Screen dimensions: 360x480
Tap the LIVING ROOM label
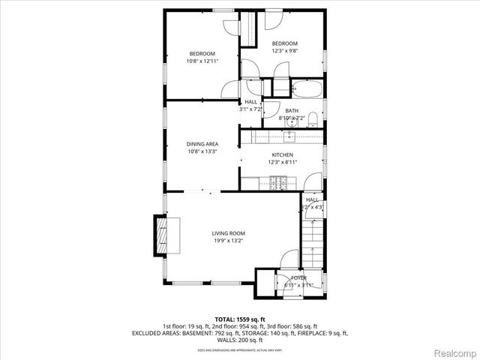(227, 233)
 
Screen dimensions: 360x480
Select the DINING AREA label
(202, 143)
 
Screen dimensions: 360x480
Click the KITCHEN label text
(282, 154)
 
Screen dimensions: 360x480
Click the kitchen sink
(289, 136)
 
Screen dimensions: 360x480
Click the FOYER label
(298, 277)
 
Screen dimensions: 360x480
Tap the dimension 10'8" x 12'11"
(202, 61)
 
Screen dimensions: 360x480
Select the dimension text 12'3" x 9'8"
(284, 51)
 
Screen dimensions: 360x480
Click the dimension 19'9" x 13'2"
(227, 241)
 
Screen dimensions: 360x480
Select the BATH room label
(291, 110)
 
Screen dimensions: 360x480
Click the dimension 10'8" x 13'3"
(202, 151)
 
